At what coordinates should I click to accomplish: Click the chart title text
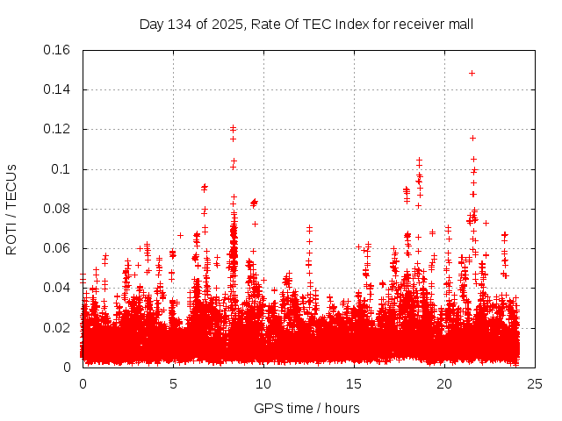point(306,24)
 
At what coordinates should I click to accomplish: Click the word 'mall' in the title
point(460,24)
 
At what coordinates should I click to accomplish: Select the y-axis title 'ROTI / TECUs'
point(11,209)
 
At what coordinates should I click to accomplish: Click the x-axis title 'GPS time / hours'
point(306,408)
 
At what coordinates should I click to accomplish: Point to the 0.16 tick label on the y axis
point(57,50)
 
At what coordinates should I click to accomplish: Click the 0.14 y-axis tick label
point(57,89)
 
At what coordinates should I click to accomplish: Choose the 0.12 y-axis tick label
point(57,129)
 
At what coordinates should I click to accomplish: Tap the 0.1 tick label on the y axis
point(61,169)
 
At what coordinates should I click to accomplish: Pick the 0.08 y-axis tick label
point(57,209)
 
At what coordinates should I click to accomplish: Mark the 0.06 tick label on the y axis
point(57,248)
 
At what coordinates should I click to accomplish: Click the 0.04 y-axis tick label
point(57,288)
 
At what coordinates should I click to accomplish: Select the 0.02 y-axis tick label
point(57,328)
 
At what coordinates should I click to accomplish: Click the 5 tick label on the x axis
point(173,383)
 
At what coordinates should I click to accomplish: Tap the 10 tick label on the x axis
point(263,383)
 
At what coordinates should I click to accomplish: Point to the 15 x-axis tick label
point(354,383)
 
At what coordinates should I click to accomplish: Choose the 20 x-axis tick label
point(444,383)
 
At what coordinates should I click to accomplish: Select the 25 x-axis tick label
point(535,383)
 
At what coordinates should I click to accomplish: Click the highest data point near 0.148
point(472,74)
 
